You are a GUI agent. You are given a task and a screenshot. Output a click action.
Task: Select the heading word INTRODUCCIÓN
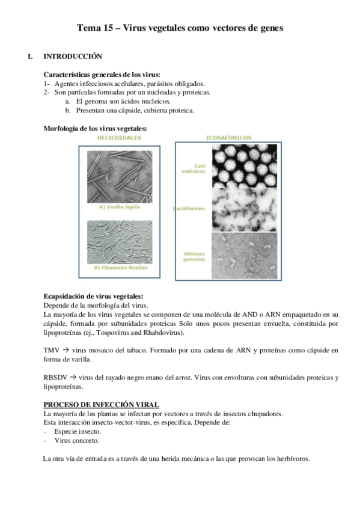pos(73,57)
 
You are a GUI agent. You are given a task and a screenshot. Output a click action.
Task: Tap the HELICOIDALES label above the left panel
pos(120,138)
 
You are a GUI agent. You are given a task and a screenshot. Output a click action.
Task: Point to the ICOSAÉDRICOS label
pos(228,138)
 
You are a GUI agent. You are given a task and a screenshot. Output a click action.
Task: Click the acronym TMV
pos(52,349)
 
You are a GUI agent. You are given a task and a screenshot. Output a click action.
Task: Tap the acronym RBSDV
pos(56,377)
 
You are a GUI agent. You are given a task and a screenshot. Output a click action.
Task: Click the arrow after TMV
pos(66,349)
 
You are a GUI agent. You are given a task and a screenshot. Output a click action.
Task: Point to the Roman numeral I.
pos(30,57)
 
